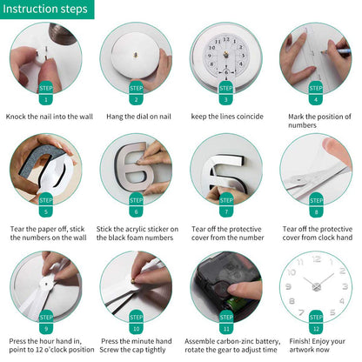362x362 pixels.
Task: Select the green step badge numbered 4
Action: pyautogui.click(x=316, y=93)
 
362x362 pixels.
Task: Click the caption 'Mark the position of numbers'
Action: pyautogui.click(x=316, y=121)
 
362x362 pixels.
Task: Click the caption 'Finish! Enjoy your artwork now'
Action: pyautogui.click(x=316, y=346)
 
